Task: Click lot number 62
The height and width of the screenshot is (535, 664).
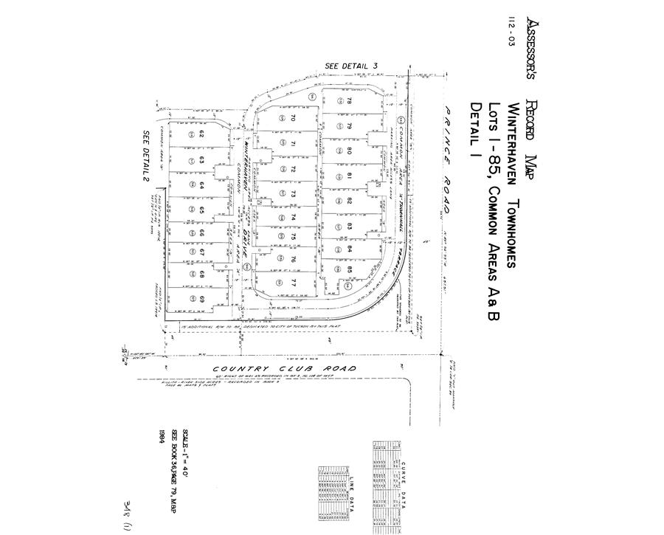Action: click(201, 134)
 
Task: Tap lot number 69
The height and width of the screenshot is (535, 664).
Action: click(201, 298)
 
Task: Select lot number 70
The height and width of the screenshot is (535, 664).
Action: click(293, 118)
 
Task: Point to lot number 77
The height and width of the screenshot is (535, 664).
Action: click(293, 283)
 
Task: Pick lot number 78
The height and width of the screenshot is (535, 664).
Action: click(350, 101)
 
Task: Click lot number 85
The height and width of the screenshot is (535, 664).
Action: click(350, 269)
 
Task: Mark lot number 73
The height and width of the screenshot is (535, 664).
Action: click(293, 194)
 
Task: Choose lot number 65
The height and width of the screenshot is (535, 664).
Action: click(201, 210)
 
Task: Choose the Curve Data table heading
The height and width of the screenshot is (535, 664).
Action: click(404, 484)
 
